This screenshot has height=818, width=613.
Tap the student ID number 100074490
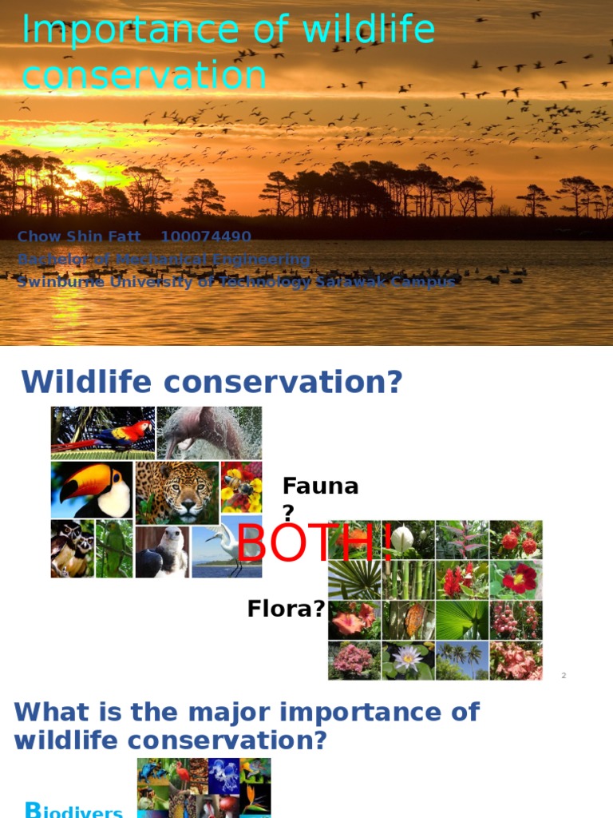(x=206, y=236)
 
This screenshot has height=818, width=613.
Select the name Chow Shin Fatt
(x=79, y=236)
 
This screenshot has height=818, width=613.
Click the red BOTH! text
(x=315, y=543)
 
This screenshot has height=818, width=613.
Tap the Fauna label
(x=320, y=486)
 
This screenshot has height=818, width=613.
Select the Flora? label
(x=286, y=610)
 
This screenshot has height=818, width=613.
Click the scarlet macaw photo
(x=103, y=432)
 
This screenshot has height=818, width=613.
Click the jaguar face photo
(x=176, y=491)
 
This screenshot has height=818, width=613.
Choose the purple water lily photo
(x=408, y=660)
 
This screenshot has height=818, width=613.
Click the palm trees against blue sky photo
(x=462, y=660)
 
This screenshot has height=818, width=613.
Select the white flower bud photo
(x=408, y=540)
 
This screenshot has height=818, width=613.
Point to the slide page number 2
(x=564, y=676)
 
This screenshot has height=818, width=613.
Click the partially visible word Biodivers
(x=74, y=810)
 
